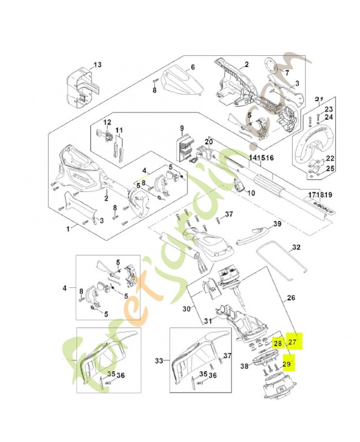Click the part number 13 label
click(97, 65)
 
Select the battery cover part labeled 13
click(81, 87)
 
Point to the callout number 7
click(287, 72)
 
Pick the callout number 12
click(108, 122)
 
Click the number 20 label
click(208, 142)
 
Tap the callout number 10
click(251, 193)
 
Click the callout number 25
click(330, 169)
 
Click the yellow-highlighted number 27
click(293, 342)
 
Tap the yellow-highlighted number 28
click(278, 343)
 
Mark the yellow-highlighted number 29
click(286, 364)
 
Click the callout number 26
click(291, 298)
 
